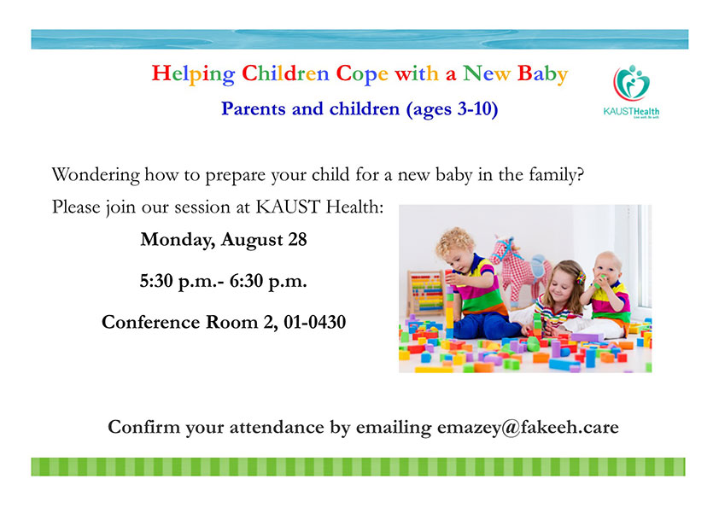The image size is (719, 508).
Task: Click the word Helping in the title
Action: point(193,73)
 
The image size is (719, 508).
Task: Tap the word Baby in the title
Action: point(542,73)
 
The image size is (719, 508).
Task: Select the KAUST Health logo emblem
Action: point(631,83)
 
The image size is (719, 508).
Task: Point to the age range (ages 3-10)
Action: point(452,109)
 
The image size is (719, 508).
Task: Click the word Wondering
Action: point(96,175)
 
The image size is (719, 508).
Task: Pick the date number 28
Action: point(297,239)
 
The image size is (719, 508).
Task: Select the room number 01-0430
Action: point(314,322)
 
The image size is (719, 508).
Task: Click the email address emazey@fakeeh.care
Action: point(528,427)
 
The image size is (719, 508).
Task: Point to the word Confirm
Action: point(144,427)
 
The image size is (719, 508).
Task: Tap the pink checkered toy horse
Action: point(519,270)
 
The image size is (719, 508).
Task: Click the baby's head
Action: point(607,268)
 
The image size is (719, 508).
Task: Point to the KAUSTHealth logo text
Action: point(631,111)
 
